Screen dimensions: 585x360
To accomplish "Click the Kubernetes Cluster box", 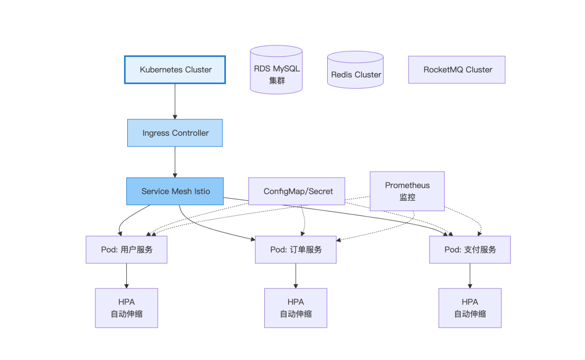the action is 175,70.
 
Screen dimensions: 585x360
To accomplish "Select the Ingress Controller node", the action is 175,133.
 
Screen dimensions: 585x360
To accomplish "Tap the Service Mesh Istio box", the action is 175,192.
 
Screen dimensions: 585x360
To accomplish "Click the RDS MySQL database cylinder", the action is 276,70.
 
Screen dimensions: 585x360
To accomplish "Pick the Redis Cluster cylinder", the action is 355,70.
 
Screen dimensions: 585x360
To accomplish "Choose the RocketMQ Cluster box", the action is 457,70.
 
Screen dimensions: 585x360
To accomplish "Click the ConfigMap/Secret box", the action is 297,192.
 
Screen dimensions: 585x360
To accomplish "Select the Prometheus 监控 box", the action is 407,192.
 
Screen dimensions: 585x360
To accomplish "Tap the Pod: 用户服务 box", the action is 126,250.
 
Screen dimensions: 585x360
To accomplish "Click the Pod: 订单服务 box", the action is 296,250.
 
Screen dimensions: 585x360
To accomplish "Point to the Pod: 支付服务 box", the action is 470,250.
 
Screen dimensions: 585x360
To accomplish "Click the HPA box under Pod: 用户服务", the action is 126,308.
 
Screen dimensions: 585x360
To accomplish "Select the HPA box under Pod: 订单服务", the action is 296,308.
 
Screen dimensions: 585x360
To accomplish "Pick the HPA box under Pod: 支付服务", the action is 470,308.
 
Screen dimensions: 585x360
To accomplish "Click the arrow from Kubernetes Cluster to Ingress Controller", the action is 175,101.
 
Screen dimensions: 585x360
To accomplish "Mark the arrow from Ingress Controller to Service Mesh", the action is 175,162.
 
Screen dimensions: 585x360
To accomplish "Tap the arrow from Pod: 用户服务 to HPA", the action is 126,276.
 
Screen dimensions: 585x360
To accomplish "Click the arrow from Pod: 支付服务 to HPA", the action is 470,276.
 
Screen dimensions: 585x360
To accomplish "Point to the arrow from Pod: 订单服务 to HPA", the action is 296,276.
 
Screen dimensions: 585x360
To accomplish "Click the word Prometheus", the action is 407,185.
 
